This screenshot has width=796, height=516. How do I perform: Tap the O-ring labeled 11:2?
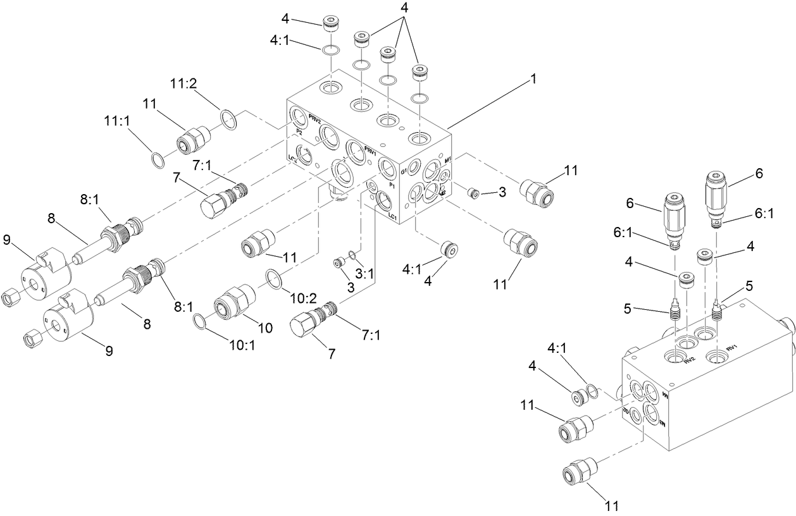tap(228, 118)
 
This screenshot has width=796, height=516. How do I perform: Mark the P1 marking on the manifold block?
tap(392, 186)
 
